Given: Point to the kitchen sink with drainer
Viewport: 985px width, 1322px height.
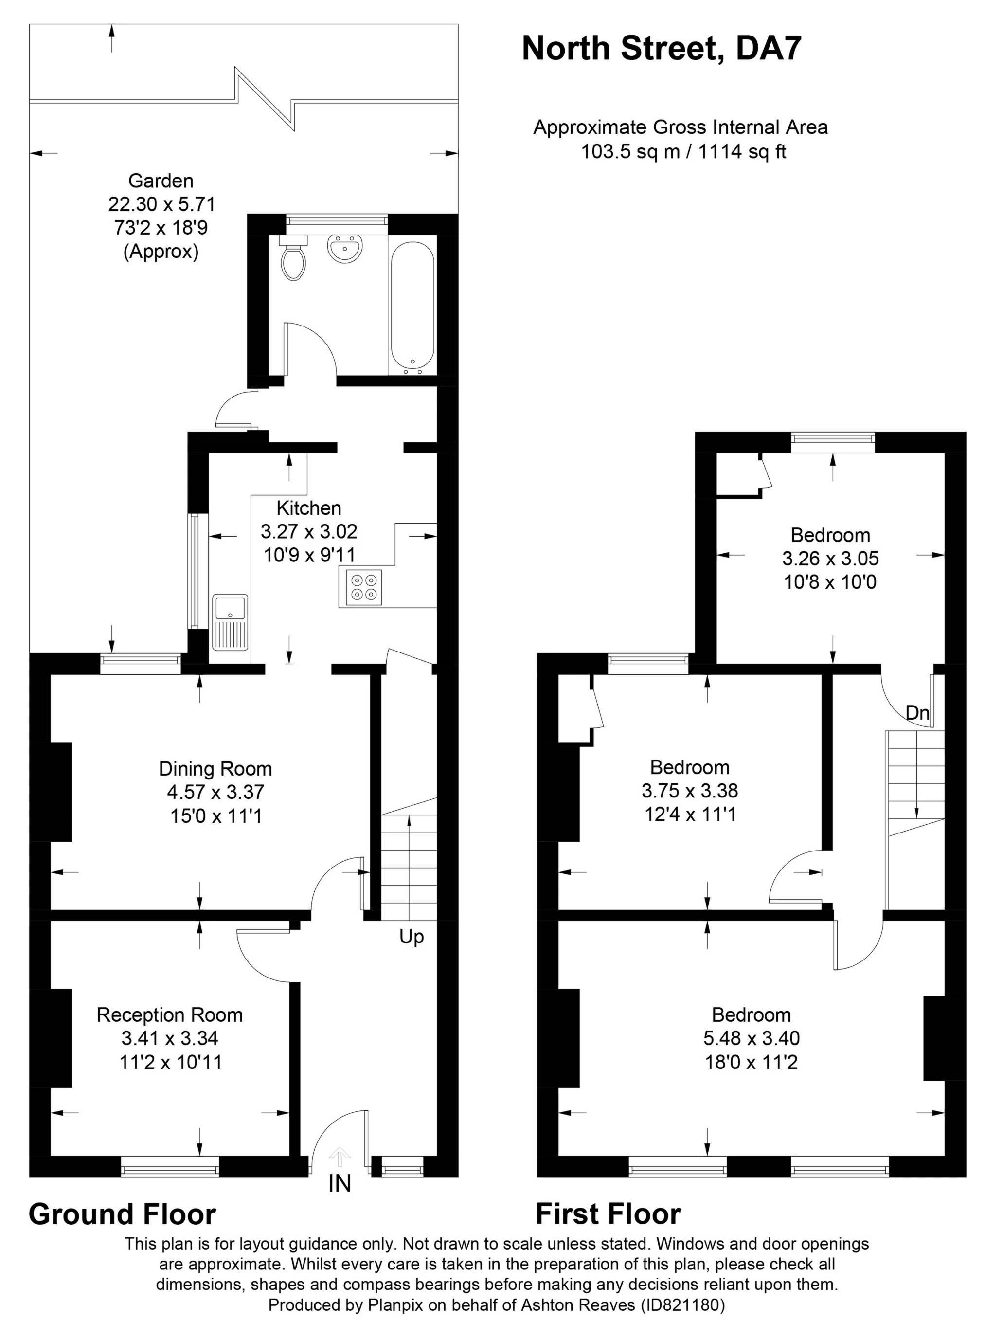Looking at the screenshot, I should tap(230, 622).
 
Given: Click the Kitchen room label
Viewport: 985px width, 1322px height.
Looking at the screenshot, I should tap(309, 508).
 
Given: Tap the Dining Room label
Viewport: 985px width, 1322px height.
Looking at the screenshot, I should tap(215, 769).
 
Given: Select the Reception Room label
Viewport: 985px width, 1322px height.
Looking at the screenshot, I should tap(170, 1015).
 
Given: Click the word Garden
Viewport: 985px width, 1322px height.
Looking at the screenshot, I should tap(161, 181).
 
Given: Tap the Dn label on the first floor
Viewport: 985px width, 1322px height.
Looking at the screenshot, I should tap(917, 713).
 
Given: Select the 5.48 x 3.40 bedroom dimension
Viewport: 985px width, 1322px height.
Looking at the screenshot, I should tap(751, 1038).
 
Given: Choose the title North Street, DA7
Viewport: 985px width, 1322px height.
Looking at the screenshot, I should tap(662, 49).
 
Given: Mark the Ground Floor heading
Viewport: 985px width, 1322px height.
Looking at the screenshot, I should tap(122, 1214).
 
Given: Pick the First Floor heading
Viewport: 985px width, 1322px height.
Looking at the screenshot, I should tap(608, 1214).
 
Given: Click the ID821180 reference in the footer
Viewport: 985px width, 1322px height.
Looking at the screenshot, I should tap(683, 1305).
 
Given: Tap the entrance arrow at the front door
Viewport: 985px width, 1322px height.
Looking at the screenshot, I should tap(340, 1156).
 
